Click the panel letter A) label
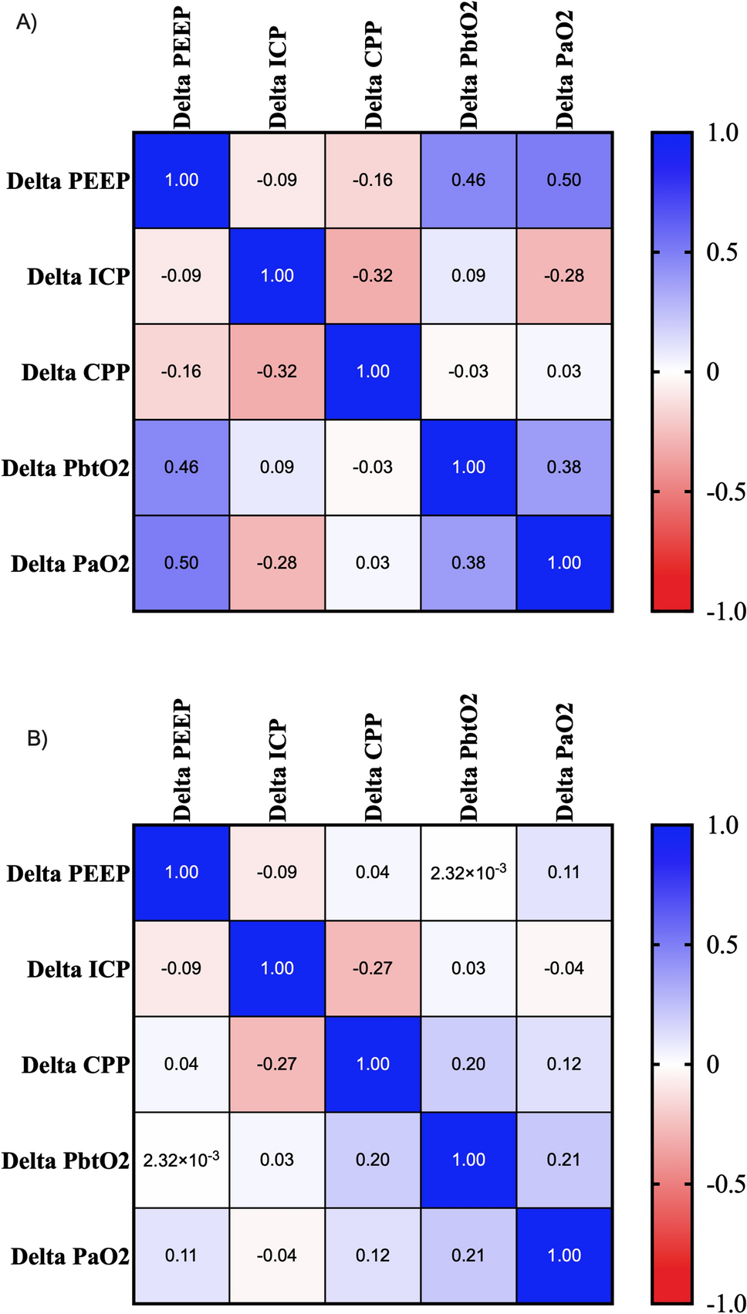point(26,23)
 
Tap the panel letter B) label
point(37,738)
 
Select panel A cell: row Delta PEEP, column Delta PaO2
point(564,180)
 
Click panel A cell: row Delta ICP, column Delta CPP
point(373,275)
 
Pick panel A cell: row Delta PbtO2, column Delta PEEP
point(181,467)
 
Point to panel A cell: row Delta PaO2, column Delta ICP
point(277,562)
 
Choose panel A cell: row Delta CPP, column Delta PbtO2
point(468,371)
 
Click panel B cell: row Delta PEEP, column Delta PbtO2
point(468,872)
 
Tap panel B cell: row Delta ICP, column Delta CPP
point(373,968)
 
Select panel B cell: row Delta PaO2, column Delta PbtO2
point(468,1255)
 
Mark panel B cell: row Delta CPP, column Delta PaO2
point(564,1063)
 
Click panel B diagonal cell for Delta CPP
point(373,1063)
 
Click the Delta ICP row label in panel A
point(78,276)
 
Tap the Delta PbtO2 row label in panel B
point(66,1160)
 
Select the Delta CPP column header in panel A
point(373,76)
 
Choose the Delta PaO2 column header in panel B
point(565,762)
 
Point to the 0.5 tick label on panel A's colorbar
point(722,252)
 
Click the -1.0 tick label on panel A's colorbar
point(725,612)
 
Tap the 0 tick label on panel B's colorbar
point(713,1064)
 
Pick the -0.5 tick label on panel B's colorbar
point(725,1184)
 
